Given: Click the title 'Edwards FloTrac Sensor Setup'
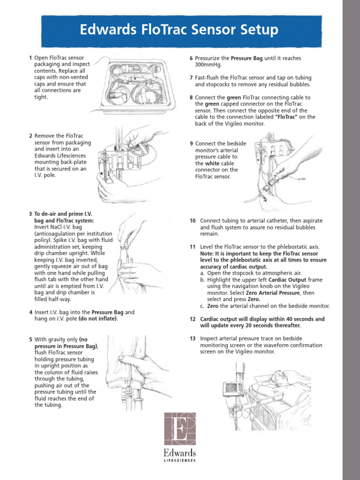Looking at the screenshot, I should click(179, 30).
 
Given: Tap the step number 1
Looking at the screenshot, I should click(30, 58).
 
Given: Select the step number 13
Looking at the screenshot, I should click(192, 338).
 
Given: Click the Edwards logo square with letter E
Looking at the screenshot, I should click(180, 429).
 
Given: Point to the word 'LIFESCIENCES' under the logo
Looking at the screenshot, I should click(180, 461).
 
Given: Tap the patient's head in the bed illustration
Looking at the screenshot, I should click(280, 376).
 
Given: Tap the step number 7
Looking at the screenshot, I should click(191, 77).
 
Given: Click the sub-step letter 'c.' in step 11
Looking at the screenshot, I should click(202, 306).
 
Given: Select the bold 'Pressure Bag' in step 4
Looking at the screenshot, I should click(107, 312).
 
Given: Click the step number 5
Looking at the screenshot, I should click(30, 339).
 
